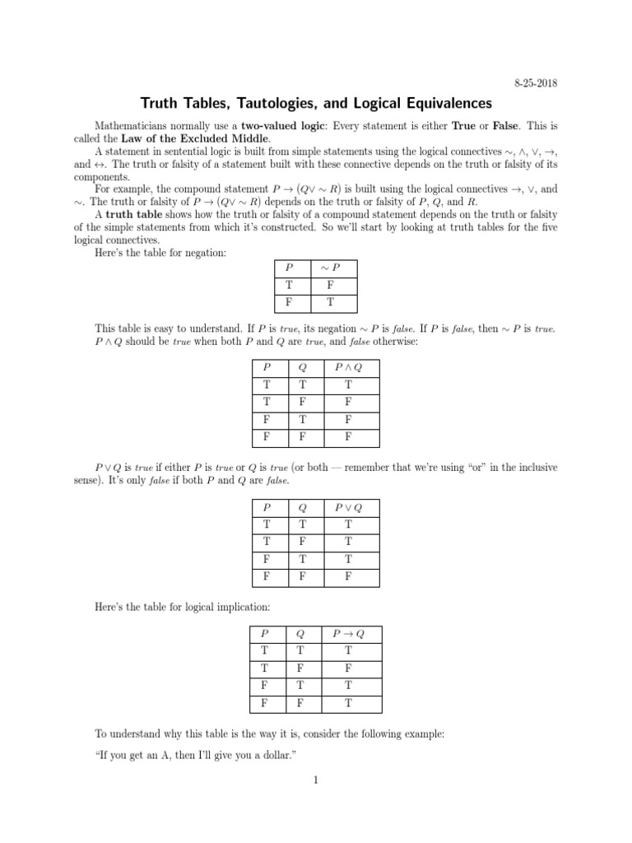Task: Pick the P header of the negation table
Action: point(289,268)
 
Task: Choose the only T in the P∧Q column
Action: point(348,384)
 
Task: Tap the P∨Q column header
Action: point(348,509)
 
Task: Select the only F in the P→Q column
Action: point(348,668)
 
